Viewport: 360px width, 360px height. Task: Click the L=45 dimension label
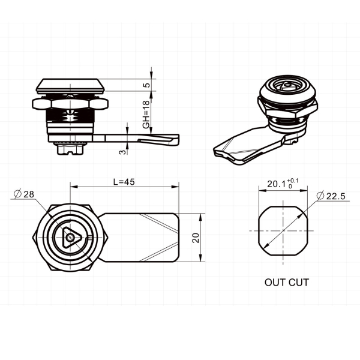(124, 182)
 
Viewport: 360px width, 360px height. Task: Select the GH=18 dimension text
(146, 114)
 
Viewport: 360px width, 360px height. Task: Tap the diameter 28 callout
(24, 194)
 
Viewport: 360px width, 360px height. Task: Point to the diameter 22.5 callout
(331, 196)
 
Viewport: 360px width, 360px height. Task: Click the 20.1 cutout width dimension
(277, 184)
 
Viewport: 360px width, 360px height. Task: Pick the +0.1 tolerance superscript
(293, 181)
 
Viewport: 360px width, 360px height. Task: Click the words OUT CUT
(287, 283)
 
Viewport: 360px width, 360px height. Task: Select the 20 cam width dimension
(196, 238)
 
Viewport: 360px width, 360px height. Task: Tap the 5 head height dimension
(146, 85)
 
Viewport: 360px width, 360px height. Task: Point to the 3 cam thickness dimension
(122, 152)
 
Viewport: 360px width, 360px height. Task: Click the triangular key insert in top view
(70, 238)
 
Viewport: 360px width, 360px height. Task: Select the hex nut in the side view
(70, 104)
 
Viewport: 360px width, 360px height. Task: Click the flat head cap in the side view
(70, 86)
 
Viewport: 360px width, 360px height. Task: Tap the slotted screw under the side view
(70, 148)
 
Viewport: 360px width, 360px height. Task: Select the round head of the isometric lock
(287, 90)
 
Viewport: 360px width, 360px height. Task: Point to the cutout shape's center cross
(283, 230)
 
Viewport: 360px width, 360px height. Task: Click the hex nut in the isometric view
(288, 109)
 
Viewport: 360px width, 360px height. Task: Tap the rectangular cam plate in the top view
(139, 238)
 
